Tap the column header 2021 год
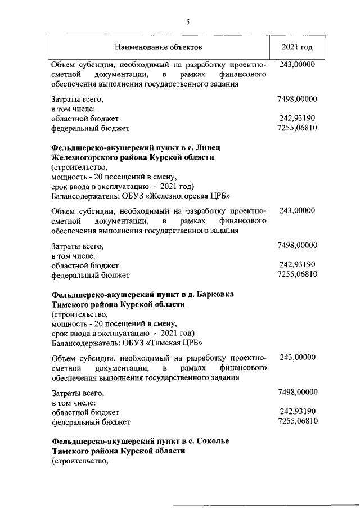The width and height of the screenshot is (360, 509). [x=297, y=46]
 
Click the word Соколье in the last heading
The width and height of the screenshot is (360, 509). [x=211, y=440]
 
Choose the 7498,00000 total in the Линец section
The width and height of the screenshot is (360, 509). [x=298, y=245]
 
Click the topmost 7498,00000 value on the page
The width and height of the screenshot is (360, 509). [x=298, y=100]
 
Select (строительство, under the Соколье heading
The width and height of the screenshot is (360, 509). [x=79, y=461]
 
